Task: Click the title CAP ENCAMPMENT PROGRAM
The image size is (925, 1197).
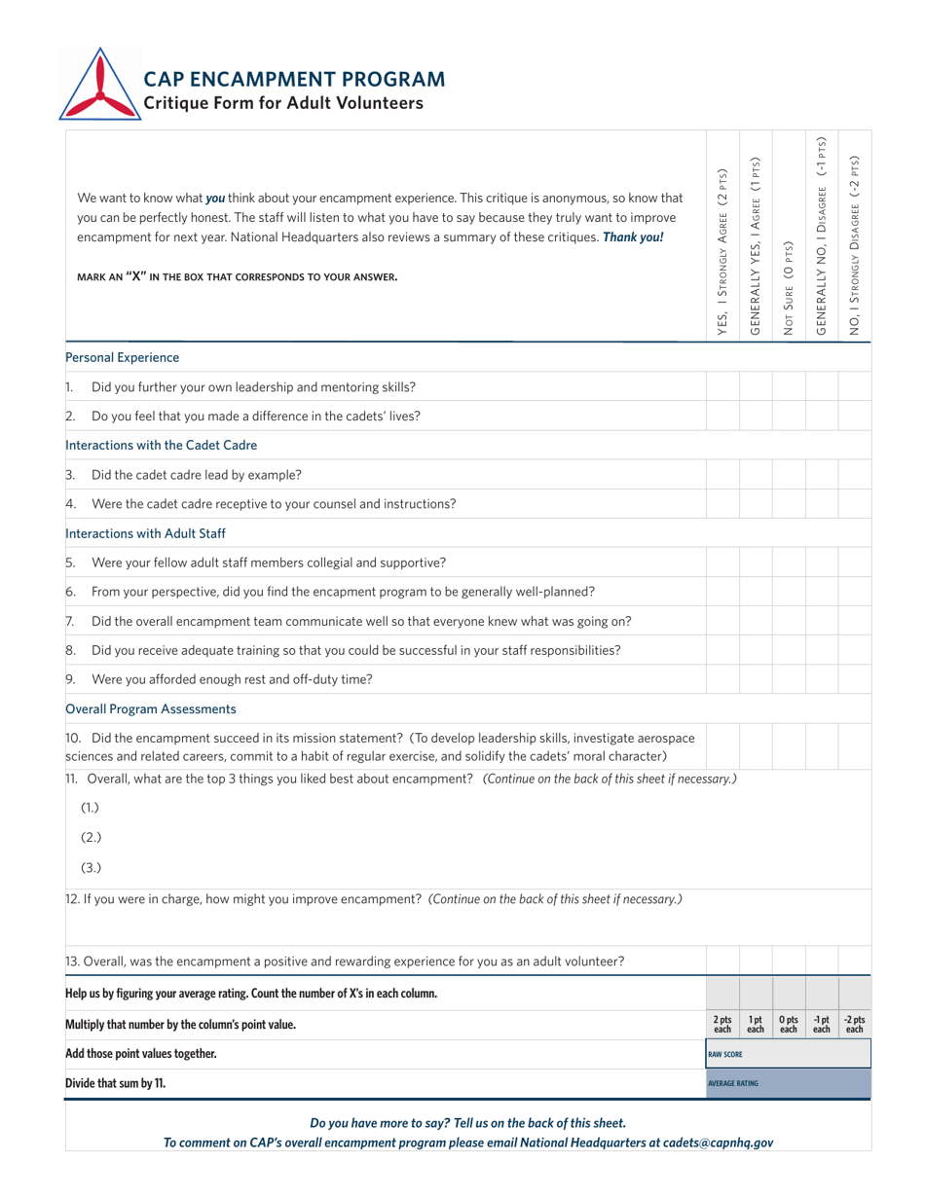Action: [295, 79]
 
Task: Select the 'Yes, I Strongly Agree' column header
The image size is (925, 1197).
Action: [722, 253]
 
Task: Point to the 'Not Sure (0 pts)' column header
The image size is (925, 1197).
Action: [788, 288]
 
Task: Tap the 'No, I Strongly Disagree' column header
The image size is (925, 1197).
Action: [854, 247]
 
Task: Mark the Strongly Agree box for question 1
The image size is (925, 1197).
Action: [722, 386]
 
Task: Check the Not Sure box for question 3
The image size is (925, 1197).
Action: [788, 475]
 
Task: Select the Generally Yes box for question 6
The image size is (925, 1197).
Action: [755, 591]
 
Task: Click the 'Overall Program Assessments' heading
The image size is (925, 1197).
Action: [151, 708]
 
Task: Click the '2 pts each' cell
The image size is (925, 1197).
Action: [722, 1024]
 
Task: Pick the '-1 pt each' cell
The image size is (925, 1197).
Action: [821, 1024]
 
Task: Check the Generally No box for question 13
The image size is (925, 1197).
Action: [821, 961]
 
